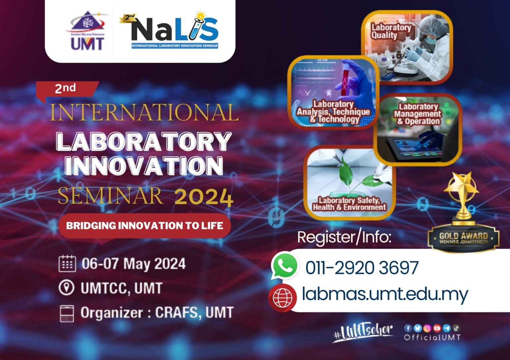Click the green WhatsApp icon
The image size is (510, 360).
tap(284, 266)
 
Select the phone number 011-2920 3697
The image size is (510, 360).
tap(362, 268)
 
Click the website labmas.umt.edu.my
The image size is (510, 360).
tap(384, 294)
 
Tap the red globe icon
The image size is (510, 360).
tap(282, 297)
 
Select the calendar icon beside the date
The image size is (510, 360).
tap(67, 263)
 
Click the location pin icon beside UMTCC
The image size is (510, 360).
tap(66, 288)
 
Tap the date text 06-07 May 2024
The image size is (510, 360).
tap(133, 264)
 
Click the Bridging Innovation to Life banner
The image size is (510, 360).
tap(144, 226)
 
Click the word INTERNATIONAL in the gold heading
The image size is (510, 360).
tap(144, 113)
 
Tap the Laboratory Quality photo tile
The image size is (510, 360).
tap(407, 46)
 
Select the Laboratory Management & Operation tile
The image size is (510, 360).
tap(418, 129)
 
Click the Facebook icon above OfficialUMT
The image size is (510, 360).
tap(408, 328)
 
